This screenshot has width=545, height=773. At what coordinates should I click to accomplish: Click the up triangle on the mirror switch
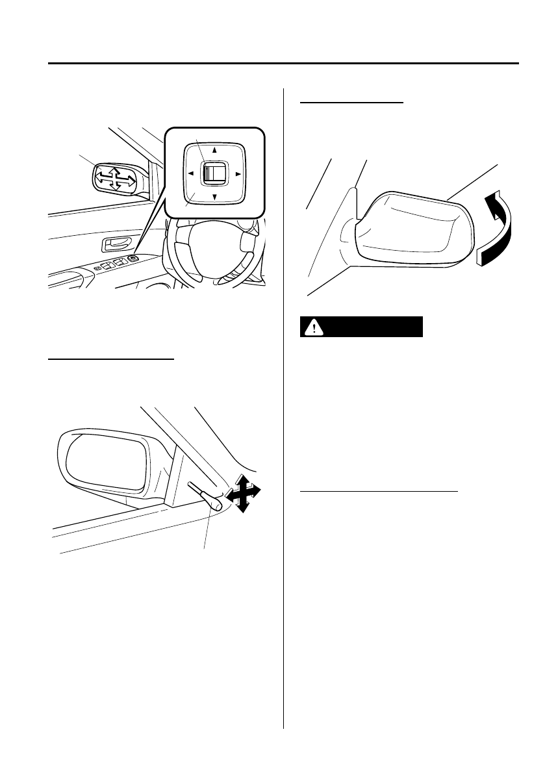click(214, 149)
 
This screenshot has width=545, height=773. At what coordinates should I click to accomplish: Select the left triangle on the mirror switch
click(191, 173)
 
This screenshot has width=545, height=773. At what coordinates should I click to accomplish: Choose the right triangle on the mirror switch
click(238, 173)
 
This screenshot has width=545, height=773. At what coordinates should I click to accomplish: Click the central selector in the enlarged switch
click(213, 173)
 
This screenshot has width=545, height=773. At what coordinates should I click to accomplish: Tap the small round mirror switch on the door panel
click(133, 259)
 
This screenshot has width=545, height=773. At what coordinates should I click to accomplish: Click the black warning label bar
click(361, 327)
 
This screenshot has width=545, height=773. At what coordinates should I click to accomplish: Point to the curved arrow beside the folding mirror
click(496, 227)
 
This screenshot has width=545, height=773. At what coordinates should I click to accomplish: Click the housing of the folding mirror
click(409, 231)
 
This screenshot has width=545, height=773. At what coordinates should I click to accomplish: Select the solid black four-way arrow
click(241, 494)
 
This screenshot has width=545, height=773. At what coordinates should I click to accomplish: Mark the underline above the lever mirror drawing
click(112, 357)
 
